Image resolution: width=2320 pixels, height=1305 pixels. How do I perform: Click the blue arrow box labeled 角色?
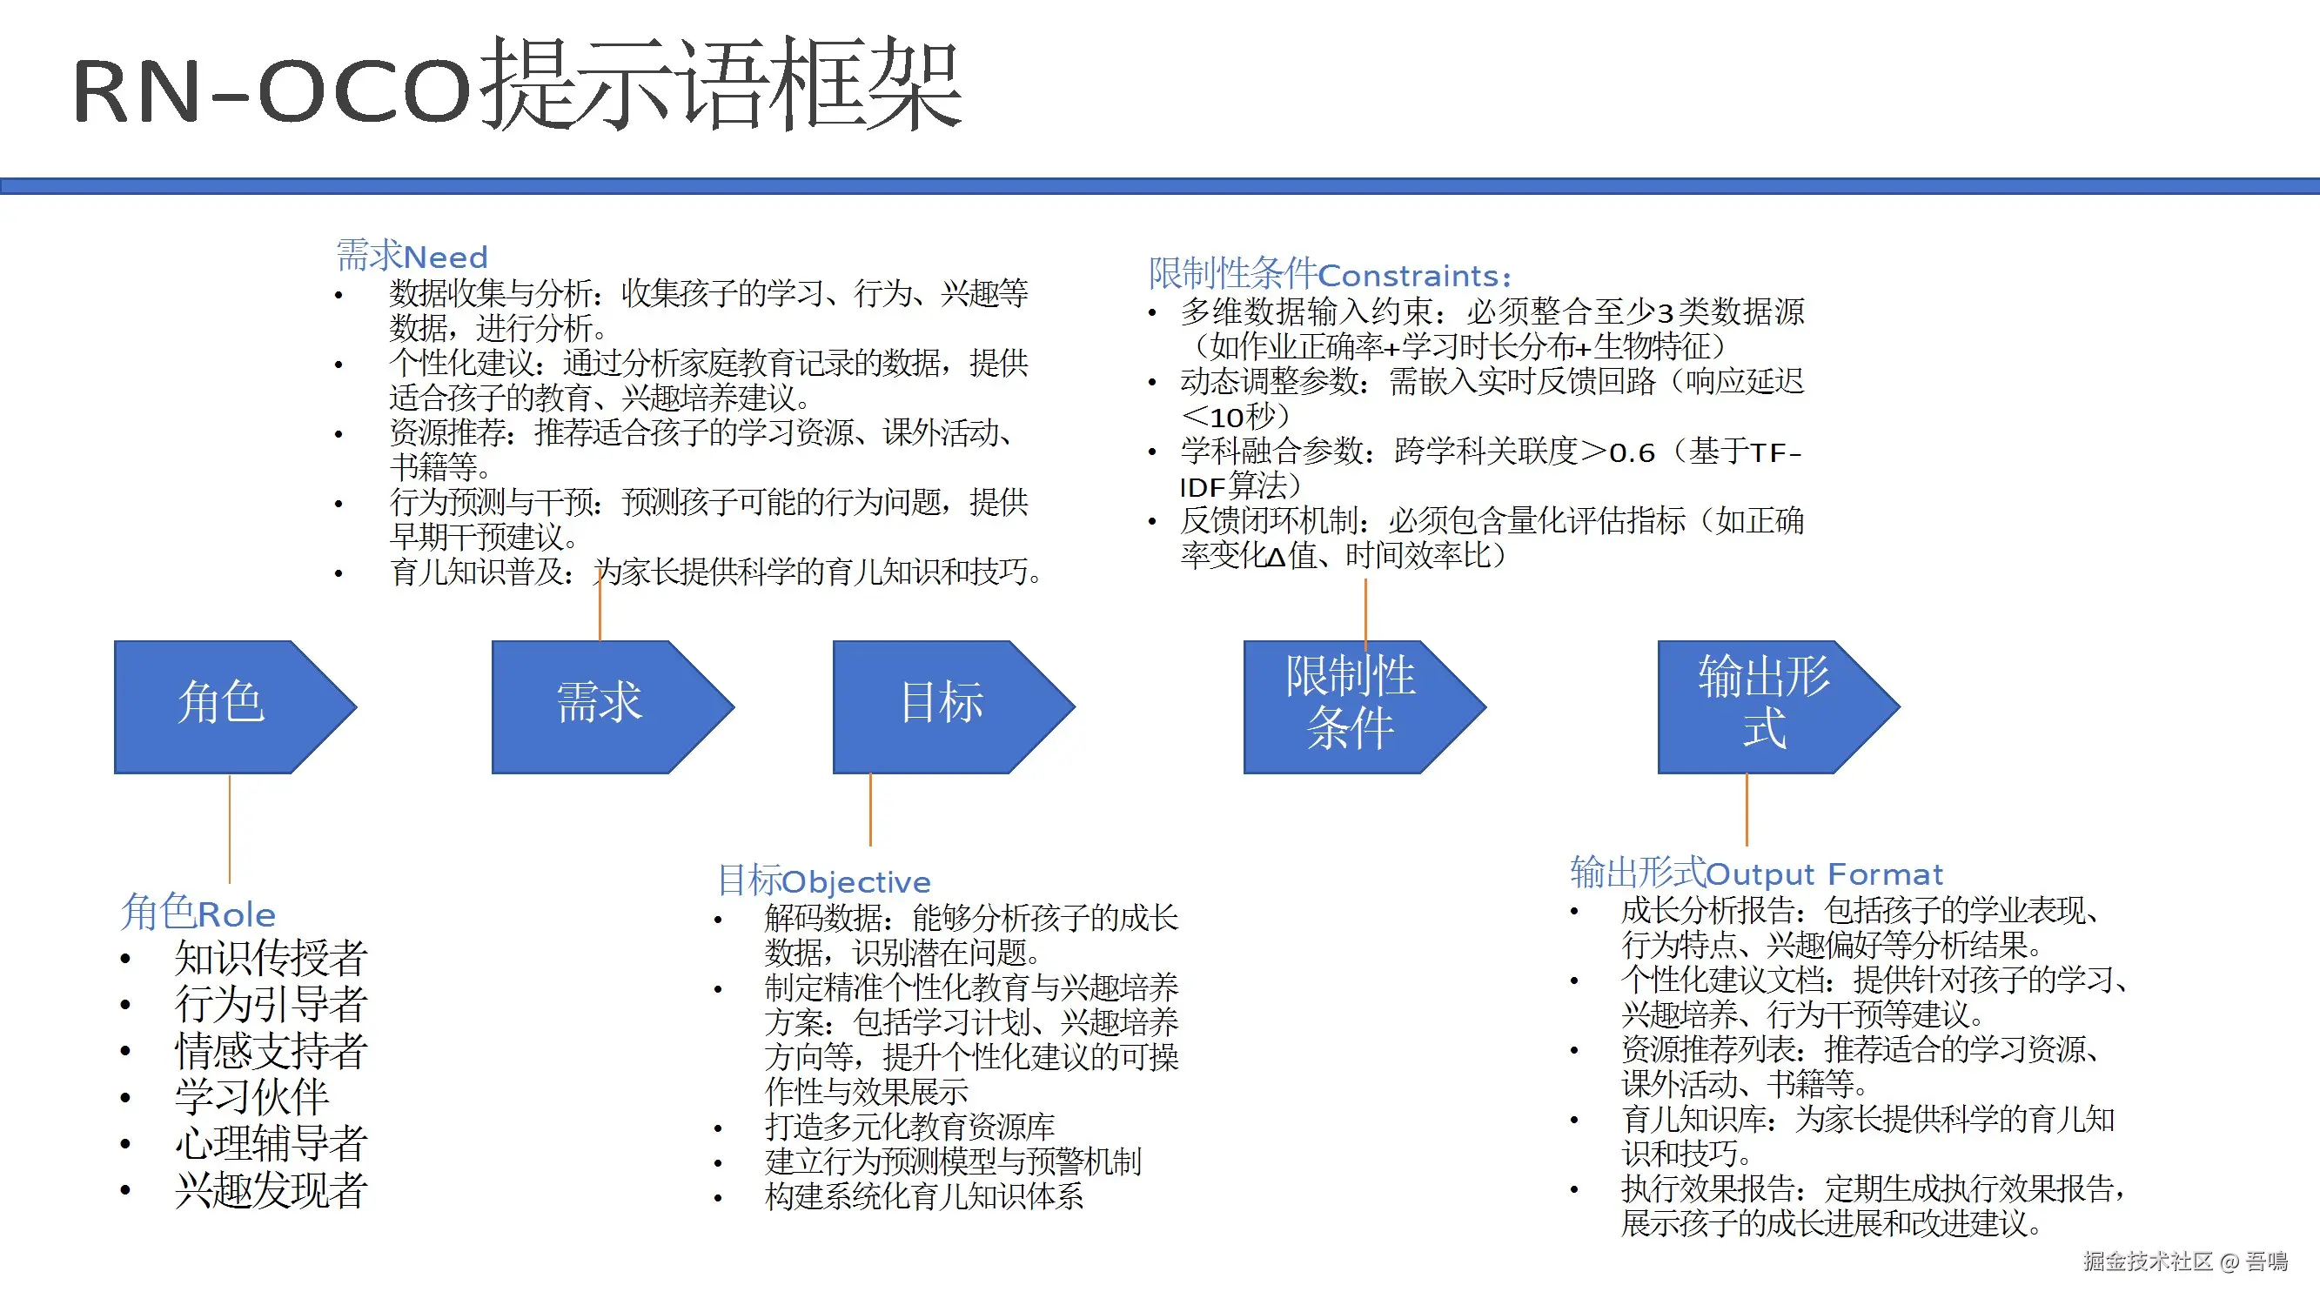point(222,706)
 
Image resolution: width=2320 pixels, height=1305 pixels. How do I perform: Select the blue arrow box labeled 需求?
point(599,706)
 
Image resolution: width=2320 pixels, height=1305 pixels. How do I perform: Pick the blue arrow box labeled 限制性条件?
point(1350,706)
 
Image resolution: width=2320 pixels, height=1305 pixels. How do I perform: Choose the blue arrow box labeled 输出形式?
point(1763,706)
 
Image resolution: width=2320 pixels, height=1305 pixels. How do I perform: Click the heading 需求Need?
point(412,256)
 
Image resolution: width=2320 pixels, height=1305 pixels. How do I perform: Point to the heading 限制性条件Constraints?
point(1330,274)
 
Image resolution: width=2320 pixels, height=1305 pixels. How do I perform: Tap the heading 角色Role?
point(198,913)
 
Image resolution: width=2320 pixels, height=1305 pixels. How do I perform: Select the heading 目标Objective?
point(823,880)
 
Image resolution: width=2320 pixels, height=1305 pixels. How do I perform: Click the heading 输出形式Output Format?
point(1755,873)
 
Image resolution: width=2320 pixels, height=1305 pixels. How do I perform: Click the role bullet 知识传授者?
point(270,957)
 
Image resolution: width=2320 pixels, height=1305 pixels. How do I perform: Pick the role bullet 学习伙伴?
point(251,1097)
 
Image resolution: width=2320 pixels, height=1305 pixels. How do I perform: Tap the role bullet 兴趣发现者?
point(270,1191)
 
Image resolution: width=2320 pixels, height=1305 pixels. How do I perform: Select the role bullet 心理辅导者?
point(270,1144)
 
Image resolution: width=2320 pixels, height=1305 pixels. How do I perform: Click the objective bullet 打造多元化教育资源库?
point(909,1127)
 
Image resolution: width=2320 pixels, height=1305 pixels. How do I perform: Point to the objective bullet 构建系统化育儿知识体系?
point(923,1197)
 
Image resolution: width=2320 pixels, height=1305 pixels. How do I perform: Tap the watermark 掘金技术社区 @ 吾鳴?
point(2185,1261)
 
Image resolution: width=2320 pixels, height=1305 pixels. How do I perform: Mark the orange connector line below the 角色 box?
point(230,828)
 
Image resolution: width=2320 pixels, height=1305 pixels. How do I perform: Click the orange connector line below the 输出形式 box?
point(1747,809)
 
